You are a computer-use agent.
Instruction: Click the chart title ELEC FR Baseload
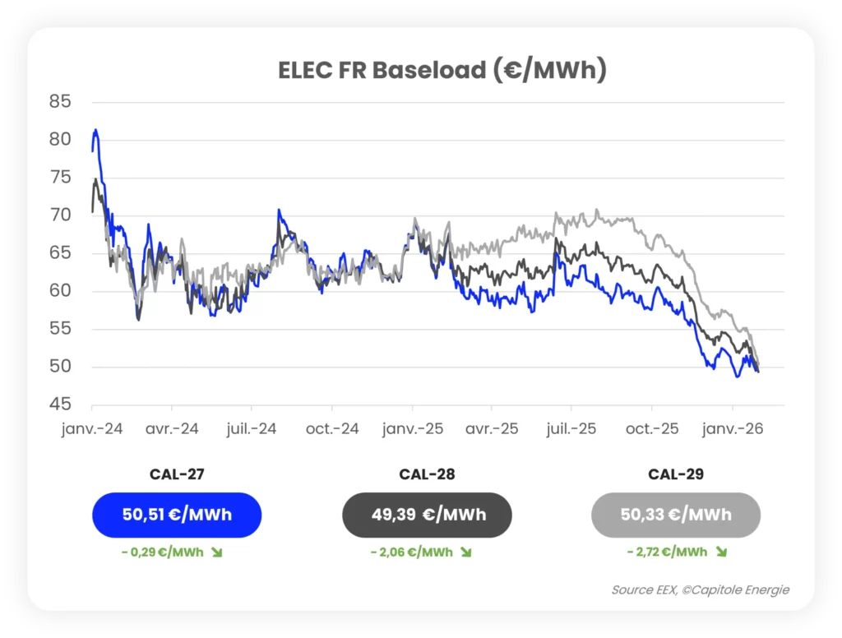coord(442,71)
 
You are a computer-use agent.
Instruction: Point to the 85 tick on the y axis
coord(60,102)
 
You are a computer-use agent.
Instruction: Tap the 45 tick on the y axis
coord(60,405)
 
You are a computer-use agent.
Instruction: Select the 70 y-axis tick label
coord(60,215)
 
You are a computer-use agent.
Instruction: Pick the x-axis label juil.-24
coord(252,429)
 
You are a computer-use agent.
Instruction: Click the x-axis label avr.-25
coord(491,429)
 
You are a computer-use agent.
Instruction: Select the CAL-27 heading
coord(177,474)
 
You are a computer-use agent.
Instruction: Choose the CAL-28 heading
coord(427,474)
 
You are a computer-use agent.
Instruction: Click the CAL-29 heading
coord(676,474)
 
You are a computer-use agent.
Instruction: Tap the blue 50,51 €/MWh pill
coord(177,515)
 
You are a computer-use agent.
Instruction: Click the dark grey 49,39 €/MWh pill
coord(427,515)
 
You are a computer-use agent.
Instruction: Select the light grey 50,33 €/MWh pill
coord(676,515)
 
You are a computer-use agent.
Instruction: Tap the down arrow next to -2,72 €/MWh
coord(722,552)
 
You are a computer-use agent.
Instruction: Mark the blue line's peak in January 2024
coord(96,129)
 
